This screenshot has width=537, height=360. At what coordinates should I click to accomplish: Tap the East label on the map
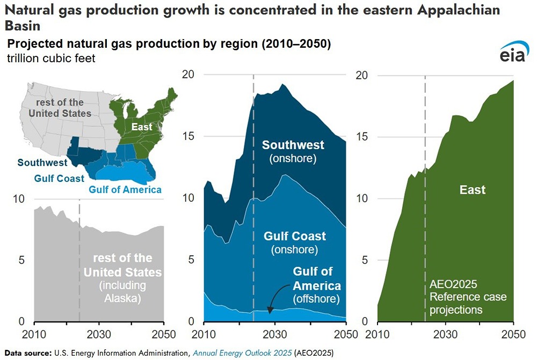point(142,127)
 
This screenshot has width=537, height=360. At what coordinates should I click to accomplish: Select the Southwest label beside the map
point(42,163)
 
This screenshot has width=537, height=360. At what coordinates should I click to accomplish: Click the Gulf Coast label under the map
point(59,178)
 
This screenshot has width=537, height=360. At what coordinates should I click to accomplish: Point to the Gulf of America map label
point(125,190)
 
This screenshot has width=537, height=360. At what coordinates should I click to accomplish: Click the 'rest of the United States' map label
point(56,108)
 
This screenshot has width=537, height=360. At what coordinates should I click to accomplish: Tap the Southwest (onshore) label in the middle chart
point(293,151)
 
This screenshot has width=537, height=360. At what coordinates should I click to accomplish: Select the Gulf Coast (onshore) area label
point(295,243)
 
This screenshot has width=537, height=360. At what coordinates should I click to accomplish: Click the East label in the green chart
point(472,189)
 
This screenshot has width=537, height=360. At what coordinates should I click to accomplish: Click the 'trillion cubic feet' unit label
point(51,58)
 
